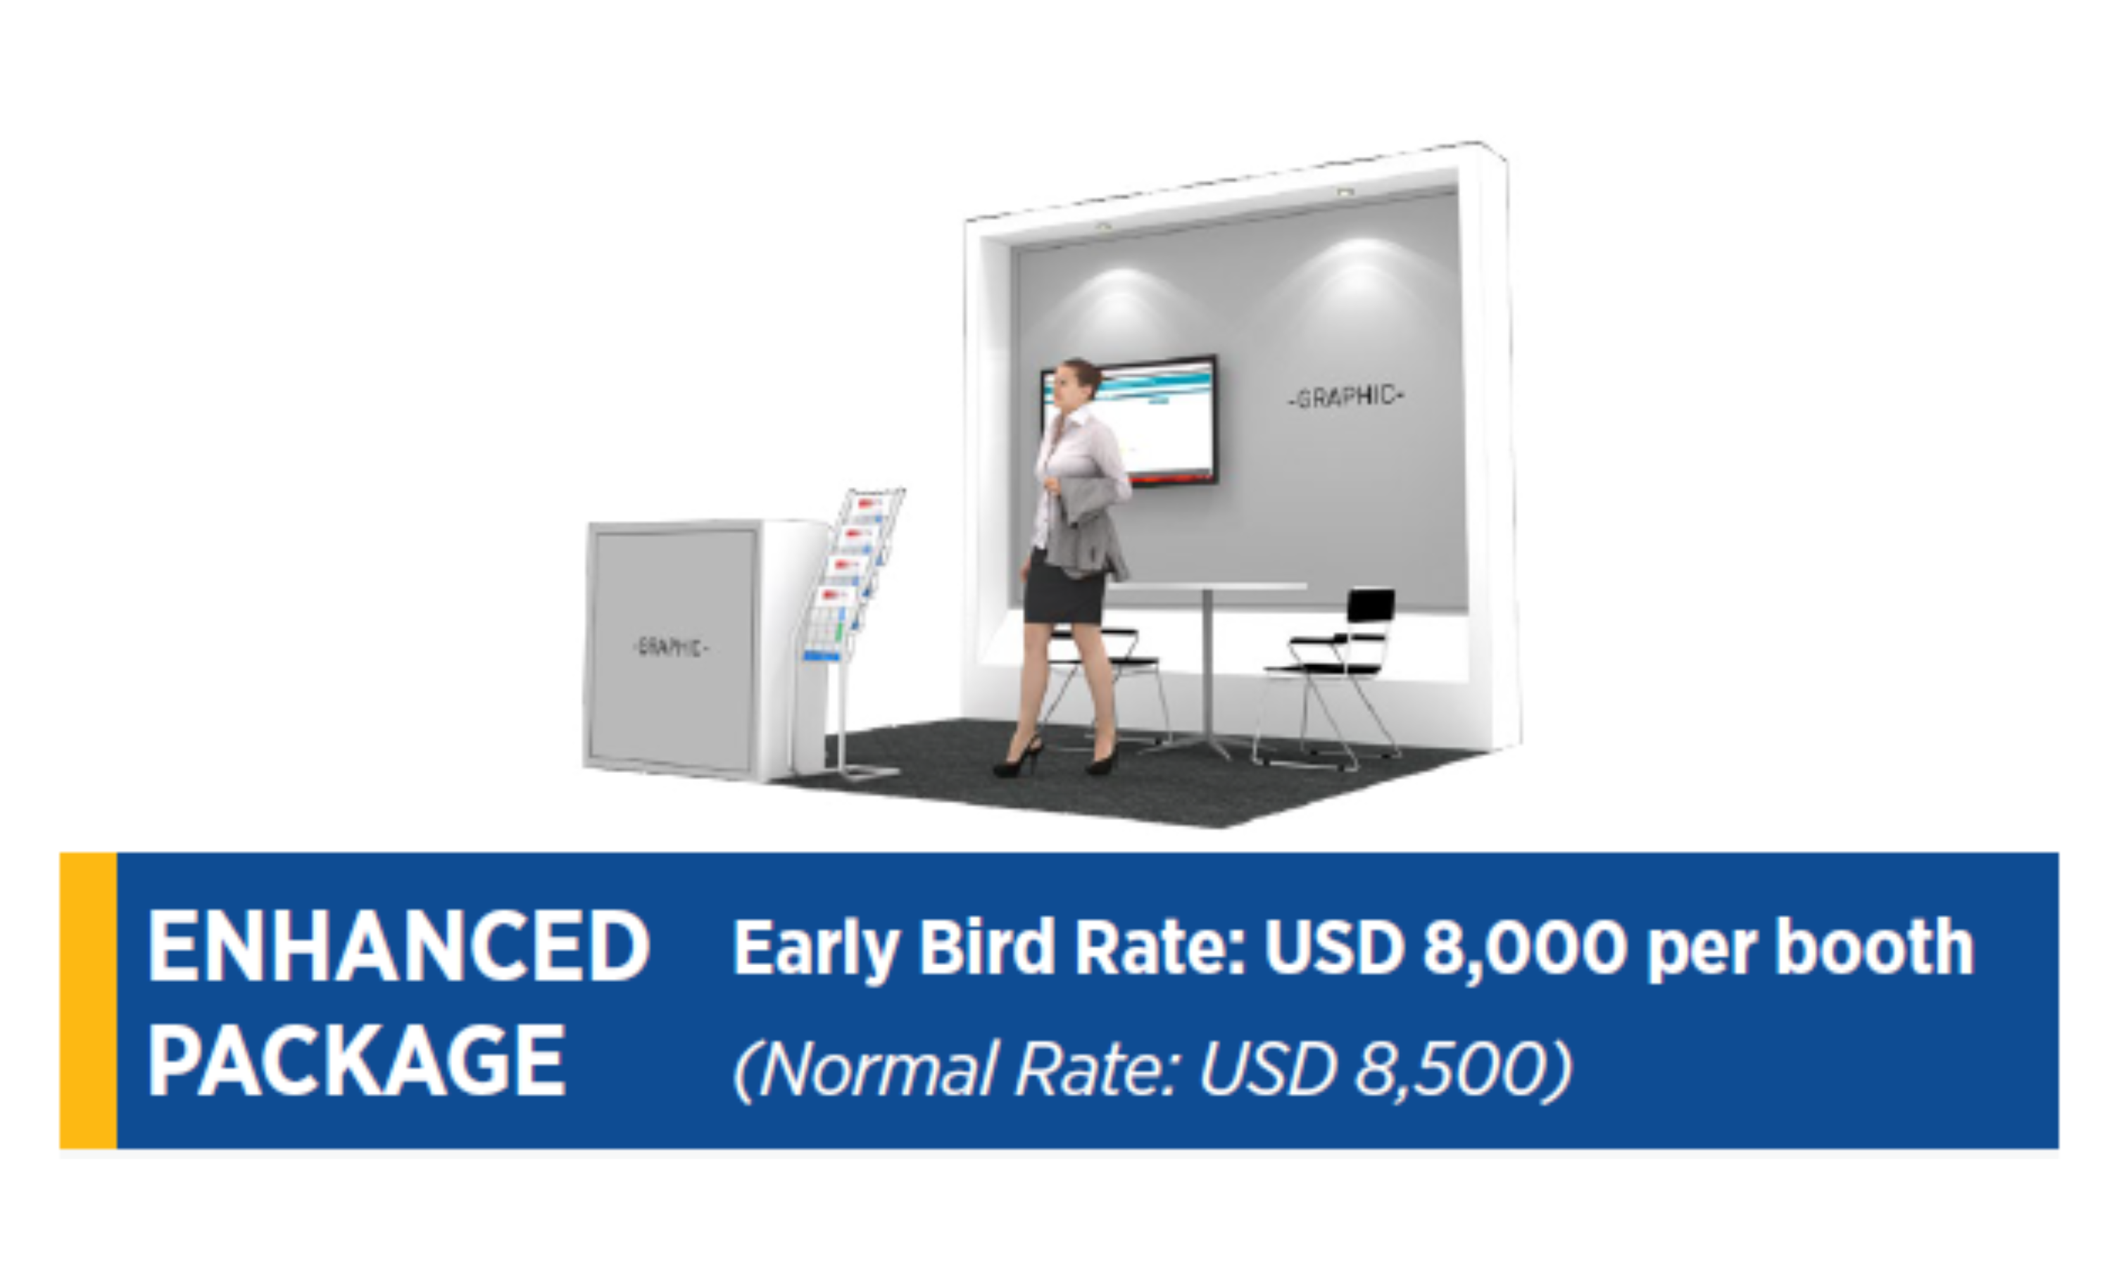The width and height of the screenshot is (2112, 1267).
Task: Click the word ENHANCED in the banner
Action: click(x=398, y=946)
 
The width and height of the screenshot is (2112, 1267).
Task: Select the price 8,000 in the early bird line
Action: click(x=1524, y=947)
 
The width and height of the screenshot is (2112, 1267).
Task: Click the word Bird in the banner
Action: click(x=986, y=947)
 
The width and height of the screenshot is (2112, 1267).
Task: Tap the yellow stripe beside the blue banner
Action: click(x=88, y=1000)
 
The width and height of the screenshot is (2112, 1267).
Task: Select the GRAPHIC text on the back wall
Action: click(x=1346, y=397)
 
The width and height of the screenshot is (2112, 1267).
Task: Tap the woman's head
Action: click(x=1077, y=384)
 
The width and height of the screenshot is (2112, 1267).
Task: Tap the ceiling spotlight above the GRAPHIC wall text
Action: click(x=1345, y=193)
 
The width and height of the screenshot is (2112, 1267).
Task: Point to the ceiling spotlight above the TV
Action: click(x=1103, y=227)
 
